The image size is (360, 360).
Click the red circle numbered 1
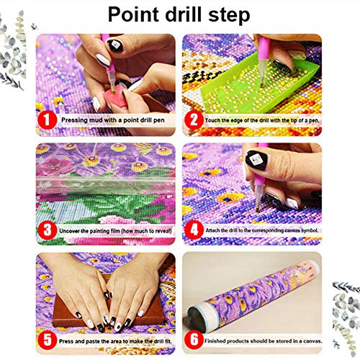[x=48, y=120]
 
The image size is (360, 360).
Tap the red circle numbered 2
[x=194, y=120]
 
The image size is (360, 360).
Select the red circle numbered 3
[x=48, y=230]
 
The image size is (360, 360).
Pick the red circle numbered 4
[x=194, y=230]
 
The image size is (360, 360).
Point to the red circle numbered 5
[x=48, y=340]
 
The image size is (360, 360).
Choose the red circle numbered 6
[x=194, y=340]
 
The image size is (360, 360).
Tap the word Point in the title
[x=134, y=14]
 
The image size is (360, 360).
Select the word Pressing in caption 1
[x=74, y=120]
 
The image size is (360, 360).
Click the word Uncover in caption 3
[x=69, y=231]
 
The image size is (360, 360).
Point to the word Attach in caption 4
[x=212, y=230]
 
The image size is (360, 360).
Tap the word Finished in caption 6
[x=215, y=341]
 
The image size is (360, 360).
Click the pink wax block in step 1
[x=115, y=97]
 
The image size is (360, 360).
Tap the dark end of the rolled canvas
[x=197, y=318]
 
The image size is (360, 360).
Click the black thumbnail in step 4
[x=256, y=161]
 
